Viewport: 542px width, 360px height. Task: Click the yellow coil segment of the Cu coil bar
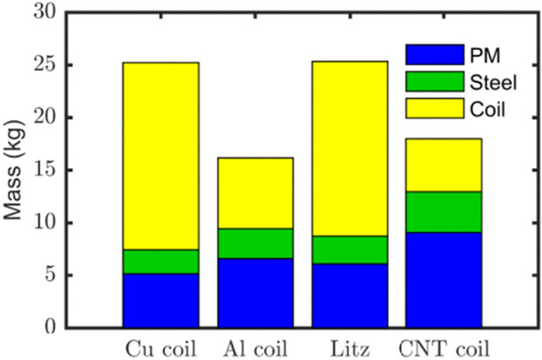pyautogui.click(x=160, y=156)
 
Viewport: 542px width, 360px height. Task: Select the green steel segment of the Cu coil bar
pyautogui.click(x=160, y=262)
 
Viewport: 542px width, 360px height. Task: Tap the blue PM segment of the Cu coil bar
pyautogui.click(x=160, y=300)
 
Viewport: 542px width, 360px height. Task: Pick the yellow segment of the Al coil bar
pyautogui.click(x=255, y=193)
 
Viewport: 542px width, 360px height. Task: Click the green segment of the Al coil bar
pyautogui.click(x=255, y=243)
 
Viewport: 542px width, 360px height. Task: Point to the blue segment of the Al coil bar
pyautogui.click(x=255, y=293)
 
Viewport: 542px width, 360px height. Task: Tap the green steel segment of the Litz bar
pyautogui.click(x=349, y=250)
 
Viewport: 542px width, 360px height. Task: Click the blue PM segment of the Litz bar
pyautogui.click(x=349, y=296)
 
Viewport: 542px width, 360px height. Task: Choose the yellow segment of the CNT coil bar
pyautogui.click(x=444, y=165)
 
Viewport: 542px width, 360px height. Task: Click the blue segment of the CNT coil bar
pyautogui.click(x=444, y=279)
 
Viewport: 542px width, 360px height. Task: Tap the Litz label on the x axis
pyautogui.click(x=349, y=345)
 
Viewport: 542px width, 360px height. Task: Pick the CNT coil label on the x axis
pyautogui.click(x=444, y=345)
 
